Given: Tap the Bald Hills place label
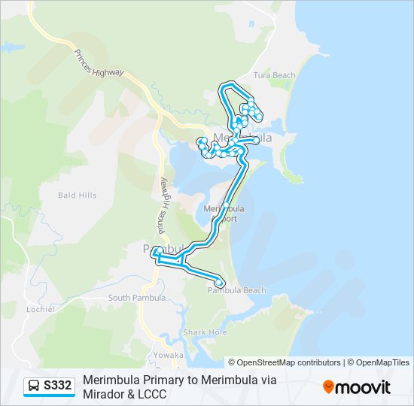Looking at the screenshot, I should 78,195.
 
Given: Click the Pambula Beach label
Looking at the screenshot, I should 237,290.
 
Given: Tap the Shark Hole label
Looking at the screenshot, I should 204,332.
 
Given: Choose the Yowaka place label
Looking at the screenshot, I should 168,355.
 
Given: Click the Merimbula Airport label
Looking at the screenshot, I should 223,213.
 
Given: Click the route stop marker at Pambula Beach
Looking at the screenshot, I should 220,283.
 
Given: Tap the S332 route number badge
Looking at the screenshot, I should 58,386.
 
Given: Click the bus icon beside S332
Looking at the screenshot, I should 34,386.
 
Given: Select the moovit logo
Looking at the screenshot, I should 357,387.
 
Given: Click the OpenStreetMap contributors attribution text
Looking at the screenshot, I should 290,362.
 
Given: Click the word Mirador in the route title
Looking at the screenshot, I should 106,394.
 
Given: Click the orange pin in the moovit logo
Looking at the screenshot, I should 328,387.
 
